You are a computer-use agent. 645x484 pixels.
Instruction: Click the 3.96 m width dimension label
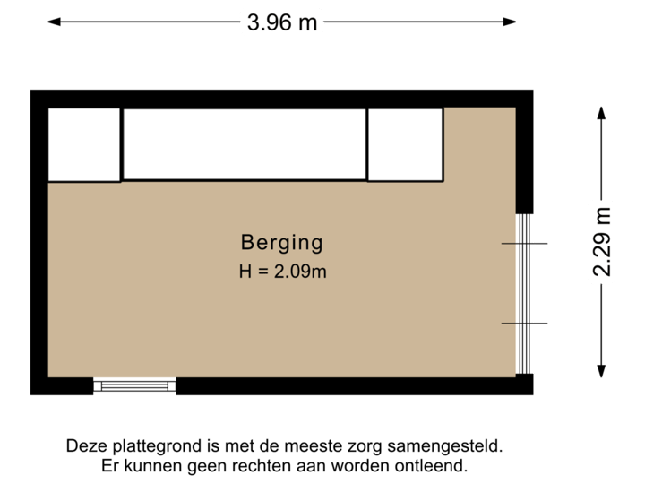point(281,22)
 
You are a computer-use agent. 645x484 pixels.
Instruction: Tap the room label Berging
point(281,242)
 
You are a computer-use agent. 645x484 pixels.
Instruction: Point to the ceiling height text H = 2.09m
point(282,271)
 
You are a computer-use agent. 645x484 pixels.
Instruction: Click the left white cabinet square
point(83,144)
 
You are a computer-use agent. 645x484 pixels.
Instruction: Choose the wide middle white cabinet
point(245,144)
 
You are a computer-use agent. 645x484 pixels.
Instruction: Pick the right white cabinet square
point(406,144)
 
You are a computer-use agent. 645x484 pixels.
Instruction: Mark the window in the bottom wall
point(135,386)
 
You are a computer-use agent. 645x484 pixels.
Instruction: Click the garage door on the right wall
point(525,294)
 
